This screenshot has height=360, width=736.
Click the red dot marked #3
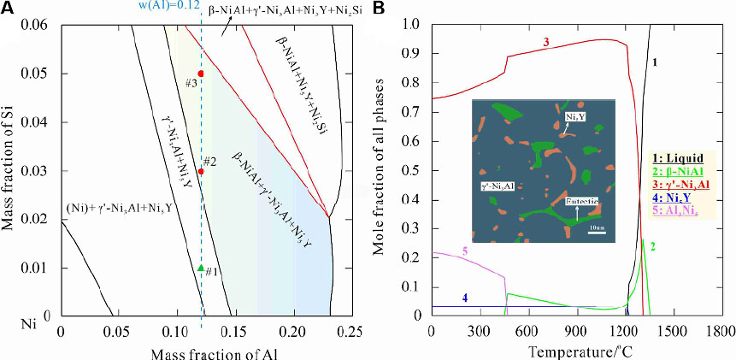point(200,74)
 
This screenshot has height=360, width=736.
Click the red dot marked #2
point(200,171)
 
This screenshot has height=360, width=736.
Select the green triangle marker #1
point(200,268)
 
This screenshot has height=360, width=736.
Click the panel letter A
point(8,9)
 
